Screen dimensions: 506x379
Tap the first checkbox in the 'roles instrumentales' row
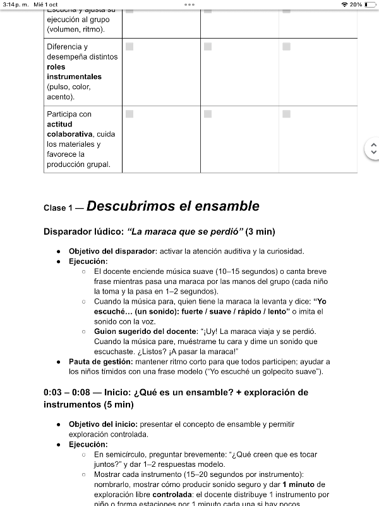click(x=129, y=47)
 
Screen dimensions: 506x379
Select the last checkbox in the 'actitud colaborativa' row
click(x=287, y=114)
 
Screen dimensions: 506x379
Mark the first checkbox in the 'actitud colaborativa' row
click(x=129, y=114)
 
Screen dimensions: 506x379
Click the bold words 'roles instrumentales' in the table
click(x=74, y=71)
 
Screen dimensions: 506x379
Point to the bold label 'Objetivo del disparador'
click(x=112, y=251)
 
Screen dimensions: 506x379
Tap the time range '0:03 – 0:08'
click(x=69, y=393)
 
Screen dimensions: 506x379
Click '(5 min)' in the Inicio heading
click(x=114, y=405)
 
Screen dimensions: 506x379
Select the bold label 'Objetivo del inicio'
click(x=102, y=424)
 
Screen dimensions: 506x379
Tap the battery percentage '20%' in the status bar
click(x=356, y=4)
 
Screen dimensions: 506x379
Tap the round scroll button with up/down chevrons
click(x=373, y=149)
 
